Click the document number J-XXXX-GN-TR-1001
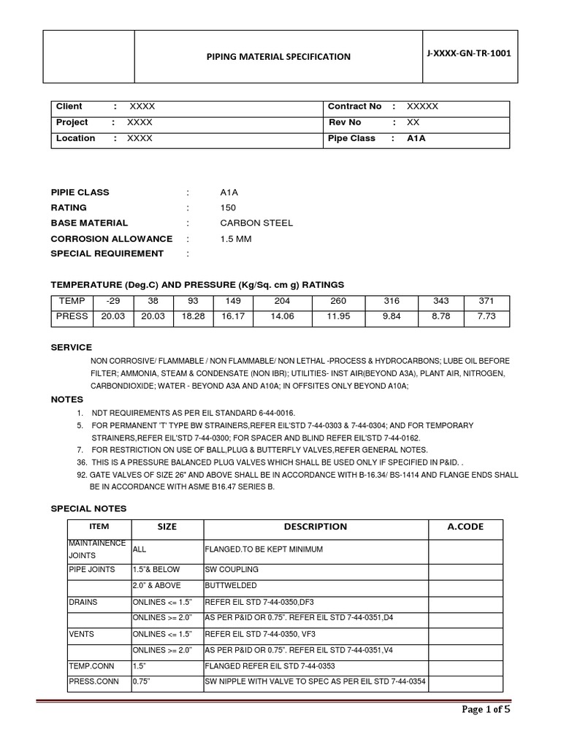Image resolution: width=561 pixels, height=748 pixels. [x=470, y=54]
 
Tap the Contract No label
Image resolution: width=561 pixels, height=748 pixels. [x=354, y=107]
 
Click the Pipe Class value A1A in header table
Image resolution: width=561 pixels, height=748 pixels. [x=416, y=139]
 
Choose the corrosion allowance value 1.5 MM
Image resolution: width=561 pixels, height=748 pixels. [x=235, y=239]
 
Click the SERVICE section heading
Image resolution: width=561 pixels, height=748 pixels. [x=71, y=348]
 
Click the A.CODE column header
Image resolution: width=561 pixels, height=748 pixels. [x=465, y=527]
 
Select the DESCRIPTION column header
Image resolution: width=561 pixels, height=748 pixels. [x=316, y=527]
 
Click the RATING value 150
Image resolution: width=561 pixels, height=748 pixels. [x=228, y=208]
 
